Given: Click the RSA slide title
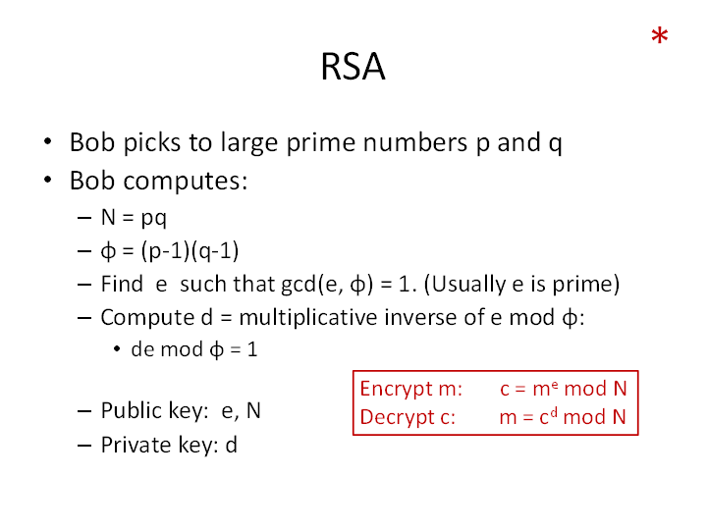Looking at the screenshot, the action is pyautogui.click(x=353, y=67).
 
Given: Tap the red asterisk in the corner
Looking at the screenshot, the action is pyautogui.click(x=660, y=35).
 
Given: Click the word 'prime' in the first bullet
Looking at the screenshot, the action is pyautogui.click(x=320, y=143).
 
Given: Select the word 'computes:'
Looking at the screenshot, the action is pyautogui.click(x=186, y=182).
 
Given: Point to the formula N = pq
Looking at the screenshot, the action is pyautogui.click(x=134, y=218).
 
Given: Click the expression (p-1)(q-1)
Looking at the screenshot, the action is pyautogui.click(x=190, y=250).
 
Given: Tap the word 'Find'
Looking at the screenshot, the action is pyautogui.click(x=122, y=284).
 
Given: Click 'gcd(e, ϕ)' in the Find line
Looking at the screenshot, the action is pyautogui.click(x=327, y=285).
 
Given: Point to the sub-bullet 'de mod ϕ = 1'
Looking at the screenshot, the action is pyautogui.click(x=194, y=349).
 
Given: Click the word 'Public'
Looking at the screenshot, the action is pyautogui.click(x=132, y=410).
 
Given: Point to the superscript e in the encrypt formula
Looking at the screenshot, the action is pyautogui.click(x=555, y=384).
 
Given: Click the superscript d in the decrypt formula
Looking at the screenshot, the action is pyautogui.click(x=554, y=411).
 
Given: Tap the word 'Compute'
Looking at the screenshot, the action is pyautogui.click(x=148, y=318).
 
